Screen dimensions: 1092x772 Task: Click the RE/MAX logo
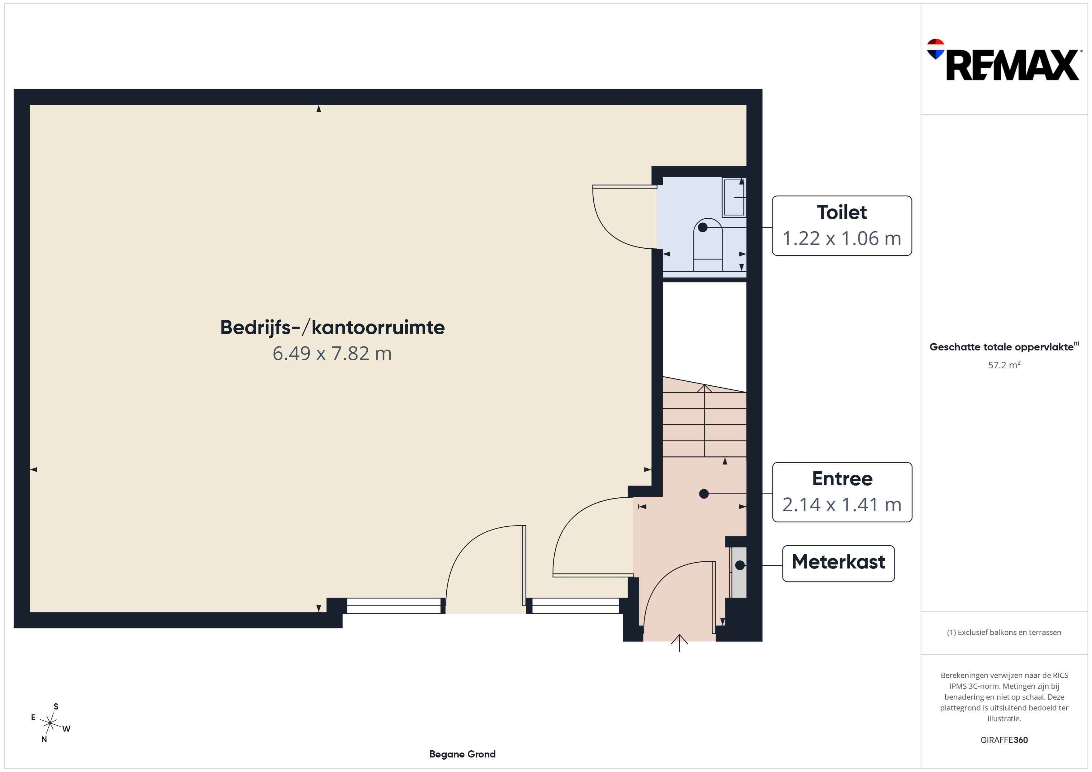pos(1003,60)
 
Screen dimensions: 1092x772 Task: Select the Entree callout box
pos(842,492)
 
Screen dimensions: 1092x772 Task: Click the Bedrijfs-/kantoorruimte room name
pos(332,328)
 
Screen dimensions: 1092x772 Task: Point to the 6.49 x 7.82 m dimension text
pos(332,354)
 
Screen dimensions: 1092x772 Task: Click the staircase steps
pos(704,417)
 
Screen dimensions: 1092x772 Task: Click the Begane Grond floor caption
pos(462,754)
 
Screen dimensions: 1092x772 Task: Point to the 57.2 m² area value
pos(1004,365)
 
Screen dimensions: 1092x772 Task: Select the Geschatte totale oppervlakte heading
pos(1004,346)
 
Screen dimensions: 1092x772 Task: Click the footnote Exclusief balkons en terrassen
pos(1004,632)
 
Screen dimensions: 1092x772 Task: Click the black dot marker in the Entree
pos(704,494)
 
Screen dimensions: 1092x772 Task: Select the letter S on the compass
pos(56,706)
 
